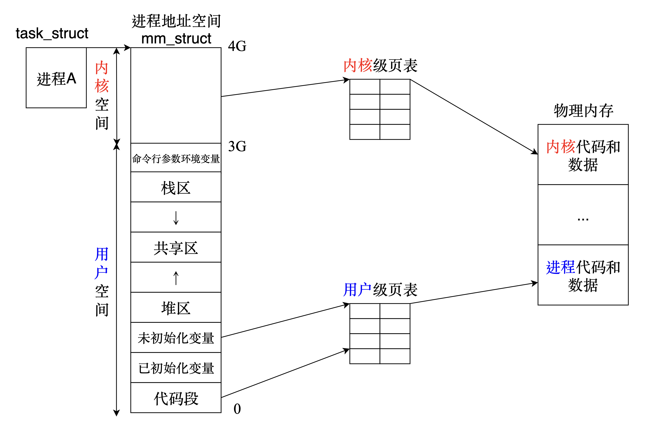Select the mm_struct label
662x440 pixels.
pos(176,38)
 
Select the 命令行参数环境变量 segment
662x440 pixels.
pos(176,158)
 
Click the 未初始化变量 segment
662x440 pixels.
pos(176,338)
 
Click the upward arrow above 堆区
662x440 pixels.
pos(176,278)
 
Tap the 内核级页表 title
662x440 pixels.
pos(380,65)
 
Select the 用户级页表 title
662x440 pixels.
pos(380,290)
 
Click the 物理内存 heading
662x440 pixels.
pos(583,111)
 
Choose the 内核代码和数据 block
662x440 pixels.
pos(583,155)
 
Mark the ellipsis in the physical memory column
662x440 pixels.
pos(583,219)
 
